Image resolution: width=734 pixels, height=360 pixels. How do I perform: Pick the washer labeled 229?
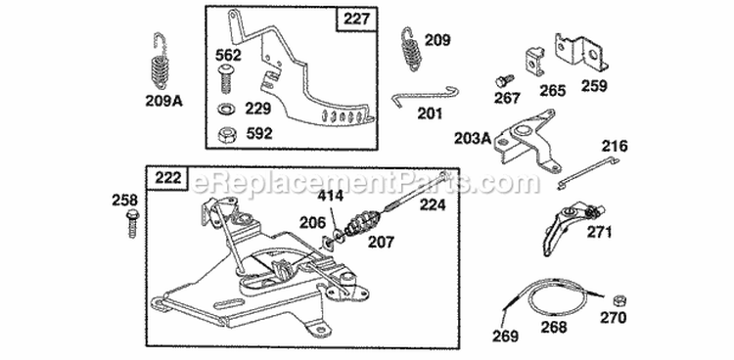click(227, 107)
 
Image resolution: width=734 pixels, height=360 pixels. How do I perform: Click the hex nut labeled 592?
click(227, 133)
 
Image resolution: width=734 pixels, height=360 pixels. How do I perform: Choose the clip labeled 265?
click(535, 62)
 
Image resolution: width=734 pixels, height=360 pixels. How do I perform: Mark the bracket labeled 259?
click(576, 53)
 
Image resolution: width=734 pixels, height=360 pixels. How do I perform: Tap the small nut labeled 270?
click(619, 297)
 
